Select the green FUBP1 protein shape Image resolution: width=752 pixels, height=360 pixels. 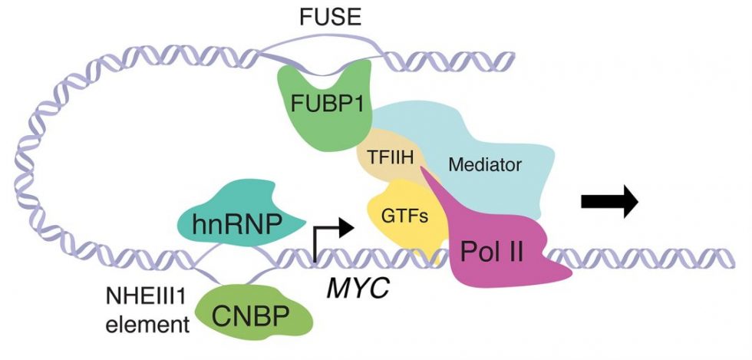[x=307, y=115]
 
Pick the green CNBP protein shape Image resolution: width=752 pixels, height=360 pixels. [x=253, y=315]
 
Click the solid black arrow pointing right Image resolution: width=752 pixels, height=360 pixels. [x=609, y=202]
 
